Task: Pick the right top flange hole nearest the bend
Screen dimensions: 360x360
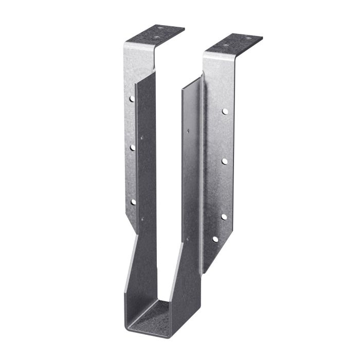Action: (x=227, y=46)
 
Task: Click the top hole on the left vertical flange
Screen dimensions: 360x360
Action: (x=132, y=98)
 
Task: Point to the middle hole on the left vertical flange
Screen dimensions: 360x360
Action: (x=132, y=148)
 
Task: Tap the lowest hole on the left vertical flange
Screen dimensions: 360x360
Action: (x=133, y=202)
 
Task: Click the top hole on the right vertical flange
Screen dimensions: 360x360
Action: (x=225, y=110)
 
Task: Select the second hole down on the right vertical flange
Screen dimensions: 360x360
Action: (x=225, y=161)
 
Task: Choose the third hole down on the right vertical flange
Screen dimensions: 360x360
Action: (x=224, y=217)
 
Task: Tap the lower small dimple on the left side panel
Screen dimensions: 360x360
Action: (x=142, y=220)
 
